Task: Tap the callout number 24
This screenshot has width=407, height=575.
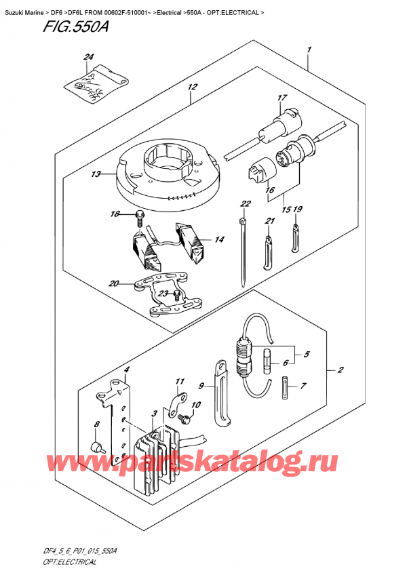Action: (88, 57)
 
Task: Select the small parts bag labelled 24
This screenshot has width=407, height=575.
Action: (88, 82)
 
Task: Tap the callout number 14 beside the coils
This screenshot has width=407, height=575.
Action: (219, 239)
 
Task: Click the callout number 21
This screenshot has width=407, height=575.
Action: (269, 221)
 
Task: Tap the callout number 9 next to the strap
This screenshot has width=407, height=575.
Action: (201, 386)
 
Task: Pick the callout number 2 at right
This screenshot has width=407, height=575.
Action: (340, 371)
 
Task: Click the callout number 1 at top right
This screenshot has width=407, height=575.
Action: (309, 49)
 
